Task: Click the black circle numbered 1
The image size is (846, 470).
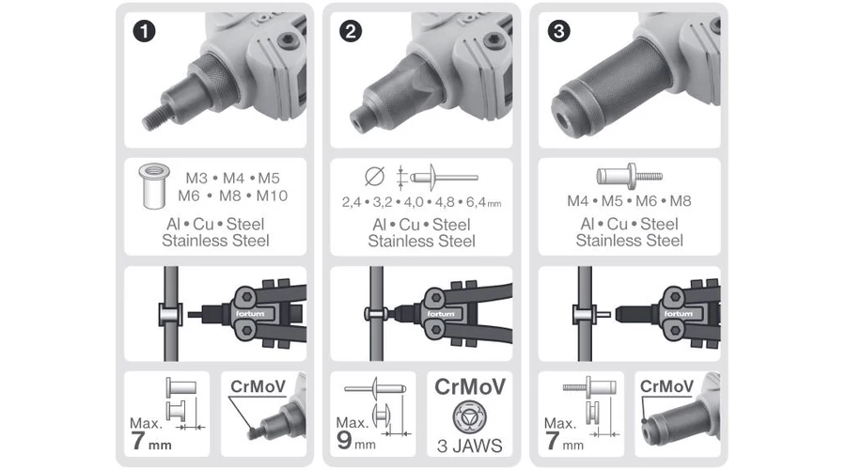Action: coord(144,31)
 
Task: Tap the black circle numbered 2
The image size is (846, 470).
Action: coord(351,31)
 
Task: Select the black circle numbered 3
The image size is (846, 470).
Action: coord(559,31)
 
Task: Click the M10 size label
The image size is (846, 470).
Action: coord(272,196)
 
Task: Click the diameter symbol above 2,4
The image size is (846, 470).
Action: coord(374,177)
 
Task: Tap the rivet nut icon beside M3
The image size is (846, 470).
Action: coord(154,185)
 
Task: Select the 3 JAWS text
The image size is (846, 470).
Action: coord(469,446)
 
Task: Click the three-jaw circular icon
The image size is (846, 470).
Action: coord(469,416)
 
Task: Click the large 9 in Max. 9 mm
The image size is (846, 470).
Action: coord(344,440)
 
